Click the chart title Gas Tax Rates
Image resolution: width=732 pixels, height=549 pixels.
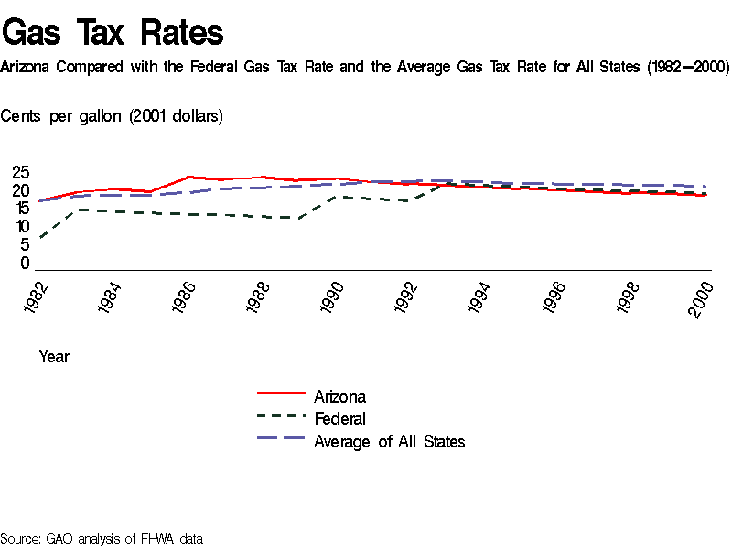113,33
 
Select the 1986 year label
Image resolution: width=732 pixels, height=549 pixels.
188,298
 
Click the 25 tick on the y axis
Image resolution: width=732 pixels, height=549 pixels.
20,173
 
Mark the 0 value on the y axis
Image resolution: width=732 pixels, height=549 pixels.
26,264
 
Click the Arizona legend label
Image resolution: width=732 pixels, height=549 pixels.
339,396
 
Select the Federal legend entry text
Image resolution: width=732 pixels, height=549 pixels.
339,419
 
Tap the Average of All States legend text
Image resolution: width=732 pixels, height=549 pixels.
389,442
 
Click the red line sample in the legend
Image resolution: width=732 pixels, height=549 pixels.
281,393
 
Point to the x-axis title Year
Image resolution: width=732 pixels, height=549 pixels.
54,357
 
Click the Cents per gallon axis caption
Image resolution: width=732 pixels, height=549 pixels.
112,116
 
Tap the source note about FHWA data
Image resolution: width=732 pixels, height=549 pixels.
102,539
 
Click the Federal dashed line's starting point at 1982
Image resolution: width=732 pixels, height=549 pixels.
40,239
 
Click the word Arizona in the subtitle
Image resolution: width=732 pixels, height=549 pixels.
27,68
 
